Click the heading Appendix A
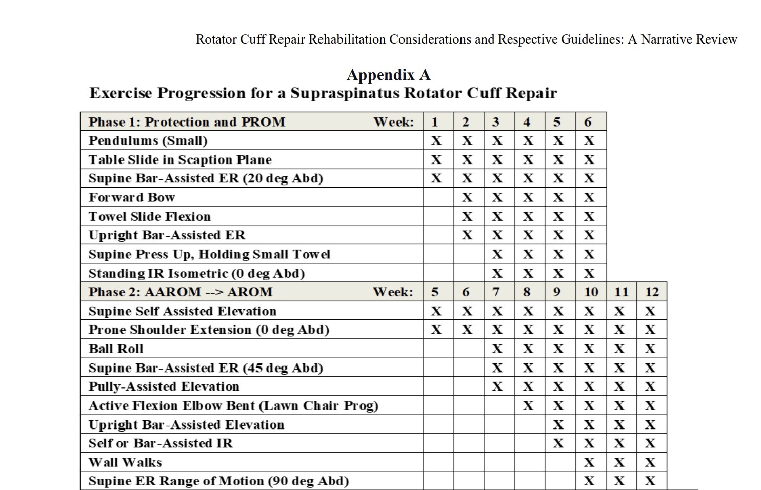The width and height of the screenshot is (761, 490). (388, 75)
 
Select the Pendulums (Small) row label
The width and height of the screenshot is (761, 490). (148, 140)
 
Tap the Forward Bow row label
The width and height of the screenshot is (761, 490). (132, 197)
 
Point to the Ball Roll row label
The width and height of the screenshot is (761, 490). (116, 349)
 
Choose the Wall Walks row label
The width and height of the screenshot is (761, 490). (125, 462)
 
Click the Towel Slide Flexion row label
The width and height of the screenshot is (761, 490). (150, 216)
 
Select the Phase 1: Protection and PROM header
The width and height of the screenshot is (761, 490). (187, 122)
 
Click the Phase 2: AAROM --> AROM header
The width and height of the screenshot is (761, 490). (181, 292)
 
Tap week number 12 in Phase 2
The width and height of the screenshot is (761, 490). (651, 292)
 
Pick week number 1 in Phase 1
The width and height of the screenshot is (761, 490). (435, 122)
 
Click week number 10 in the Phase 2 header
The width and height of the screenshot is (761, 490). (591, 292)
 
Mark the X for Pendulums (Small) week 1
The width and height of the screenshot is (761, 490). (436, 140)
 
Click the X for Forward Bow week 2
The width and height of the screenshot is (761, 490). (467, 197)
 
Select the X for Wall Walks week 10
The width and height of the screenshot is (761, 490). (590, 462)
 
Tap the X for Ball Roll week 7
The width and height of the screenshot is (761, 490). (497, 349)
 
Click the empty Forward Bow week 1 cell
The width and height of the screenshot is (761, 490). (438, 197)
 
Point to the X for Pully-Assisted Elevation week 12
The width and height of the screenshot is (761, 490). (650, 386)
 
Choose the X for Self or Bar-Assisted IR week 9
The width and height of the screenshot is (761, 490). (558, 443)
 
